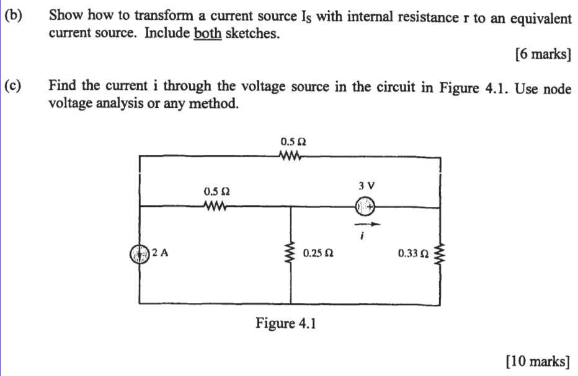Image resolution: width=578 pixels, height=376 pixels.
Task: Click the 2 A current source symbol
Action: (x=140, y=253)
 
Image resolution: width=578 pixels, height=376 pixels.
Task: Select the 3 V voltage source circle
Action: (x=366, y=206)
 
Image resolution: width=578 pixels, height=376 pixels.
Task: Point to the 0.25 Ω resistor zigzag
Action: (x=290, y=254)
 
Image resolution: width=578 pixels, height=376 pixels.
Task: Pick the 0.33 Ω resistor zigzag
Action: (x=441, y=253)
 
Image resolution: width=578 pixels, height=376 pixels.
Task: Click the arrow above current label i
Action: (x=366, y=224)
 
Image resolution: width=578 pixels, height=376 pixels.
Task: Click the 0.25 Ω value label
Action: (x=318, y=253)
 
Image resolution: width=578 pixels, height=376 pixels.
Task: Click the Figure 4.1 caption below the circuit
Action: (x=286, y=323)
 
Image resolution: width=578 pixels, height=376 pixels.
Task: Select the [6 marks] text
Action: (x=542, y=55)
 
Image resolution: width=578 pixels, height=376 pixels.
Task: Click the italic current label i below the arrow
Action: (x=365, y=237)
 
